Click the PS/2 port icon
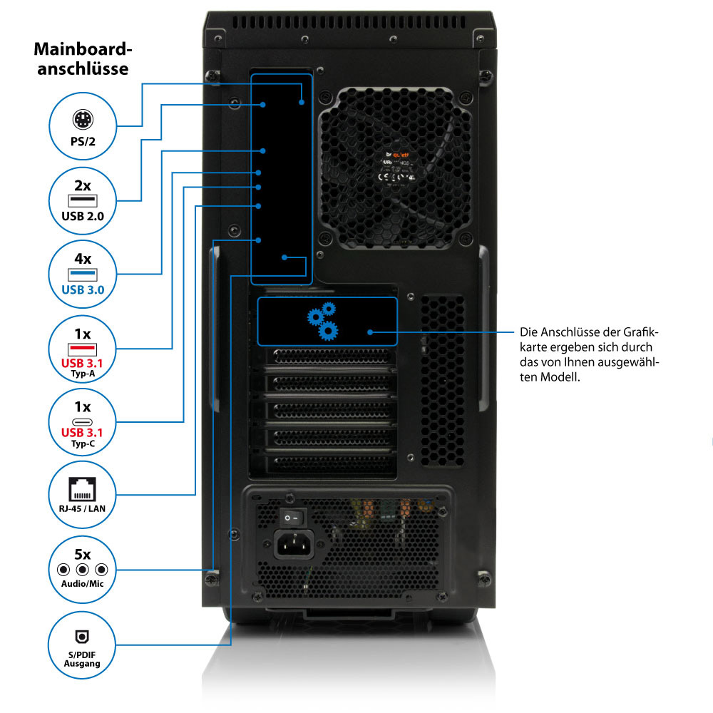coord(83,120)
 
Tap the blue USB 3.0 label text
coord(83,289)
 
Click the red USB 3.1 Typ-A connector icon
coord(83,349)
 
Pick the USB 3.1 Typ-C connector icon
coord(83,421)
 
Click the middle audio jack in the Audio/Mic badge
coord(83,570)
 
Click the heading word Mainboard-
coord(83,50)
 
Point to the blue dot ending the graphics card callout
coord(369,332)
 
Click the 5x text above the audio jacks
coord(83,553)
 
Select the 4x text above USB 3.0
coord(83,258)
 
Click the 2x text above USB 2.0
coord(83,185)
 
